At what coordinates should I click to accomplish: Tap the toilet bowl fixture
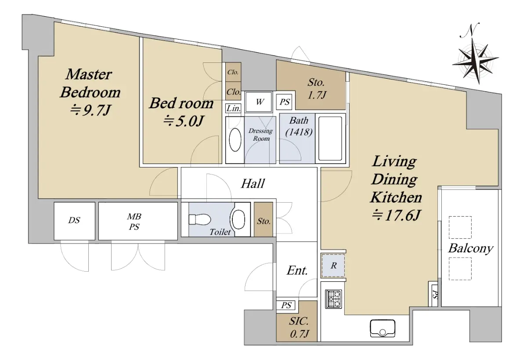pyautogui.click(x=199, y=219)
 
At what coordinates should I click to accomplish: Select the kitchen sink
pyautogui.click(x=383, y=328)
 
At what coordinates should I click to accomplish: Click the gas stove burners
pyautogui.click(x=333, y=298)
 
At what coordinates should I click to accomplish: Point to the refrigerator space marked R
pyautogui.click(x=333, y=265)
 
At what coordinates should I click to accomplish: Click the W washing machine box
pyautogui.click(x=259, y=102)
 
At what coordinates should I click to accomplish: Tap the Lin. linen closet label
pyautogui.click(x=233, y=108)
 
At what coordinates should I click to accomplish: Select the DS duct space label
pyautogui.click(x=74, y=220)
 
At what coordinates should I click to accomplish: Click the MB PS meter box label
pyautogui.click(x=134, y=222)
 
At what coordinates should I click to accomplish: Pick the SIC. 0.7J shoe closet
pyautogui.click(x=297, y=321)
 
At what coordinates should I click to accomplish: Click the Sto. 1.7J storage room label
pyautogui.click(x=317, y=88)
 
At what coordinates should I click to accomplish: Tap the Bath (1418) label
pyautogui.click(x=299, y=127)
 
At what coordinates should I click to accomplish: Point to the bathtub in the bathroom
pyautogui.click(x=330, y=138)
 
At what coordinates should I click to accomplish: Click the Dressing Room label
pyautogui.click(x=261, y=135)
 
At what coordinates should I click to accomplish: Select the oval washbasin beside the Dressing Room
pyautogui.click(x=235, y=140)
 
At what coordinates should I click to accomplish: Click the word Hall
pyautogui.click(x=253, y=183)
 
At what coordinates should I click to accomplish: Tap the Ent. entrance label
pyautogui.click(x=297, y=270)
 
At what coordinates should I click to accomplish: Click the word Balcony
pyautogui.click(x=470, y=249)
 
